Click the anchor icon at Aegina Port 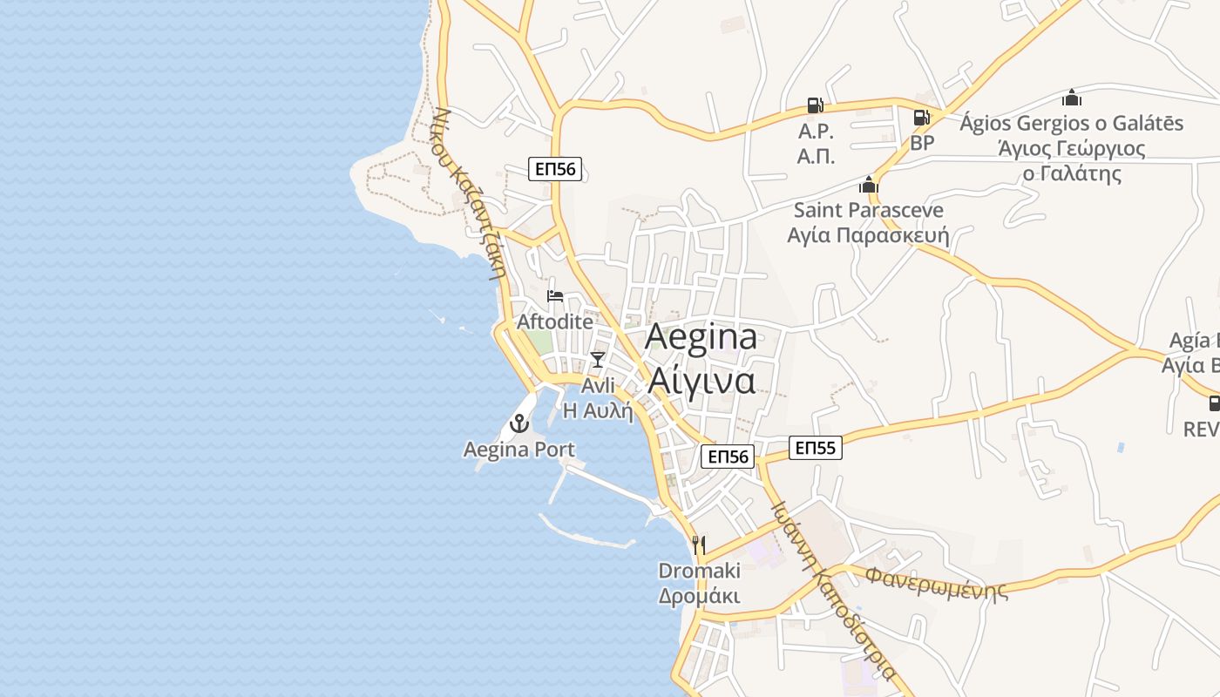click(519, 424)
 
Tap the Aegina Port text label click(519, 450)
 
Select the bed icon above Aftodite click(554, 297)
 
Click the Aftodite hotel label click(555, 321)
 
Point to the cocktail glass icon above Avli click(597, 359)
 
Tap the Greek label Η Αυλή click(598, 410)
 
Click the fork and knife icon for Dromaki click(699, 545)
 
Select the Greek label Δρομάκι click(699, 597)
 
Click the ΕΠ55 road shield click(816, 449)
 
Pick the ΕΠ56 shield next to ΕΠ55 click(728, 457)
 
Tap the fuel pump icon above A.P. click(816, 105)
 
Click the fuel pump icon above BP click(921, 118)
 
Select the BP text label click(922, 143)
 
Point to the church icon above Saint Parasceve click(868, 185)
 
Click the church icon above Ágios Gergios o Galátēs click(1071, 98)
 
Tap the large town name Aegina click(701, 338)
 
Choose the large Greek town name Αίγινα click(701, 381)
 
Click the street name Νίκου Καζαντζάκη click(470, 192)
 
